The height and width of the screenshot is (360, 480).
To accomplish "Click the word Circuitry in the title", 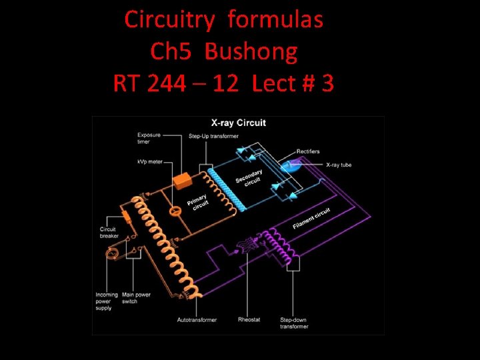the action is tap(169, 20).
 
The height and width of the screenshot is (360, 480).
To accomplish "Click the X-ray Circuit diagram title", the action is tap(238, 123).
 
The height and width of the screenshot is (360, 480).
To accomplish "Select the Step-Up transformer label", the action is tap(213, 137).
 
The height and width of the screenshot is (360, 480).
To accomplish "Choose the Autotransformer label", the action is tap(197, 320).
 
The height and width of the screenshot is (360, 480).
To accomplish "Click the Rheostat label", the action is tap(249, 320).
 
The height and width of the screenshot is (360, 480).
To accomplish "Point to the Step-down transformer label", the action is tap(294, 323).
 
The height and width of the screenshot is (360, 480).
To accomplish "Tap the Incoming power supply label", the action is tap(107, 301).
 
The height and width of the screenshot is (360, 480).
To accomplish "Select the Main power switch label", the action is tap(136, 298).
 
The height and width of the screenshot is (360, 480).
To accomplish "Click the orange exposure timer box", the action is tap(182, 181).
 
